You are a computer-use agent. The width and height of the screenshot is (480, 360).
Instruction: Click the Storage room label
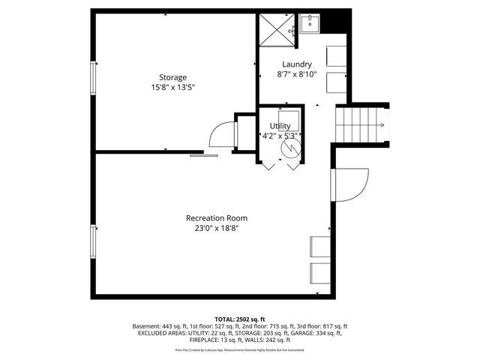point(172,77)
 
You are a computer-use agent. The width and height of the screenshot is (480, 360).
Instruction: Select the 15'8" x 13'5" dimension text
point(172,87)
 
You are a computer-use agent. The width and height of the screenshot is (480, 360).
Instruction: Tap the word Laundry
point(297,64)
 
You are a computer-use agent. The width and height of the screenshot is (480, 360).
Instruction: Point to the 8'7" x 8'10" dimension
point(297,74)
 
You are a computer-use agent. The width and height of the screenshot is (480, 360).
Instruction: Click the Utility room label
point(280,126)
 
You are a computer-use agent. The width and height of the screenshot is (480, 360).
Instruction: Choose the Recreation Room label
point(217,218)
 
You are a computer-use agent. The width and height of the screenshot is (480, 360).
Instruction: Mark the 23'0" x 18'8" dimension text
point(217,229)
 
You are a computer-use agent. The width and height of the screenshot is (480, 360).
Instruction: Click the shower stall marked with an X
point(277,31)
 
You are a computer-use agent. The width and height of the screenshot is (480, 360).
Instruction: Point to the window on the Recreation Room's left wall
point(93,240)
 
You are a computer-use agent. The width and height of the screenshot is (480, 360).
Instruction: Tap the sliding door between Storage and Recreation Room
point(203,154)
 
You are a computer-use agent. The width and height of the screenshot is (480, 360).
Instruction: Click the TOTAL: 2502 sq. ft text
point(239,319)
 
